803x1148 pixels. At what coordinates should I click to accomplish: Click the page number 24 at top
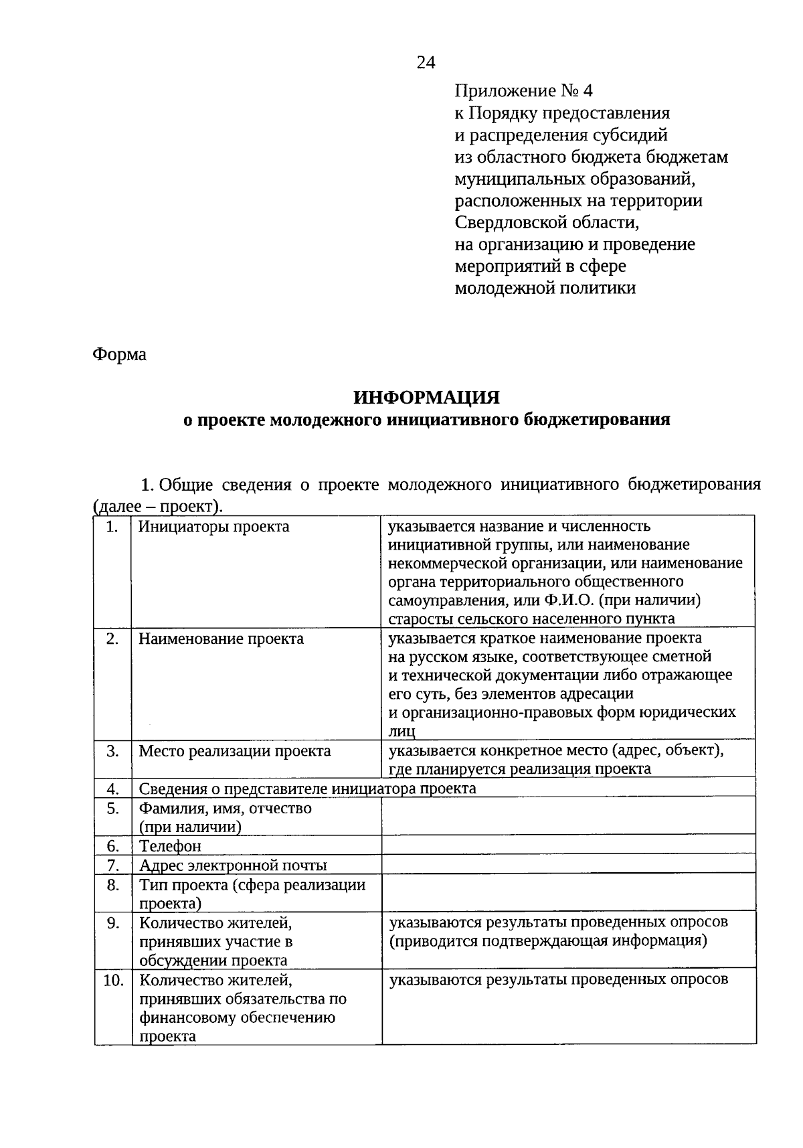point(426,63)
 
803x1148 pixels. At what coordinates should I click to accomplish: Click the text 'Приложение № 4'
point(523,91)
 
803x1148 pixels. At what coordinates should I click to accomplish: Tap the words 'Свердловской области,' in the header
point(552,222)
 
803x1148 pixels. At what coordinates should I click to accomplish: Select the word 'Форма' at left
point(119,354)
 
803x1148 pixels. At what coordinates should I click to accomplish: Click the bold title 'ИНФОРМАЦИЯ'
point(426,398)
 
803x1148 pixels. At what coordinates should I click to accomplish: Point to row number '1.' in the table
point(112,527)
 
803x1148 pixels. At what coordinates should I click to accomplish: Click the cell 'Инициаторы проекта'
point(214,527)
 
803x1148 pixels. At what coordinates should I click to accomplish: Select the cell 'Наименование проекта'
point(221,639)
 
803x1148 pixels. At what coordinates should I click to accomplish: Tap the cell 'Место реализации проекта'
point(234,751)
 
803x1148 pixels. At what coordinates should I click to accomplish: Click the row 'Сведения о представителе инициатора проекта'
point(307,788)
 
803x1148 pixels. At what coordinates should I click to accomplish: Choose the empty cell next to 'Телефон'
point(567,845)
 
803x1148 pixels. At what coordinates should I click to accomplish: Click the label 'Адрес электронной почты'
point(233,866)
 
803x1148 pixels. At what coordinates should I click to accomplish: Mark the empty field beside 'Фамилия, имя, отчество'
point(567,816)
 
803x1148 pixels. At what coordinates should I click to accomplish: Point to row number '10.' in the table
point(113,981)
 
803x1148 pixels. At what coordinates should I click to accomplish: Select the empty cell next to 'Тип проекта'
point(567,894)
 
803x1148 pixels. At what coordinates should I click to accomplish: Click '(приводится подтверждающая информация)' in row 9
point(548,941)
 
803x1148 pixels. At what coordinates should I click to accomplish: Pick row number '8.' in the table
point(112,885)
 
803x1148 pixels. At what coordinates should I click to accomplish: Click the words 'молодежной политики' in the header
point(545,289)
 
